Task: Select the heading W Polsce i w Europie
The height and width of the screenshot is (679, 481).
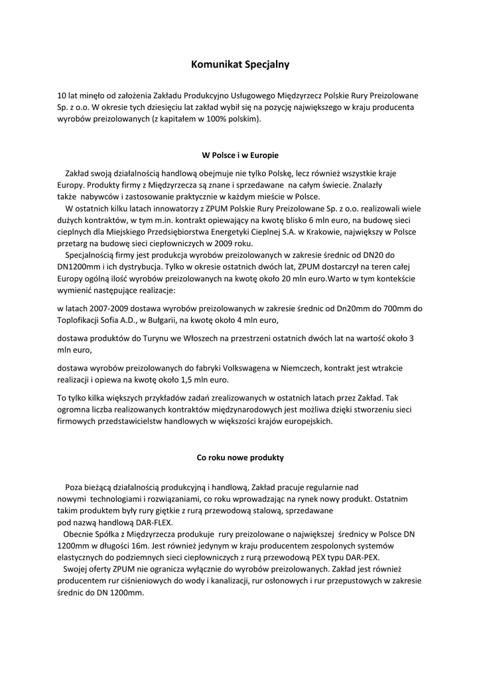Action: (240, 154)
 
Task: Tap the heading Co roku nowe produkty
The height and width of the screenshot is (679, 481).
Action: (240, 457)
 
